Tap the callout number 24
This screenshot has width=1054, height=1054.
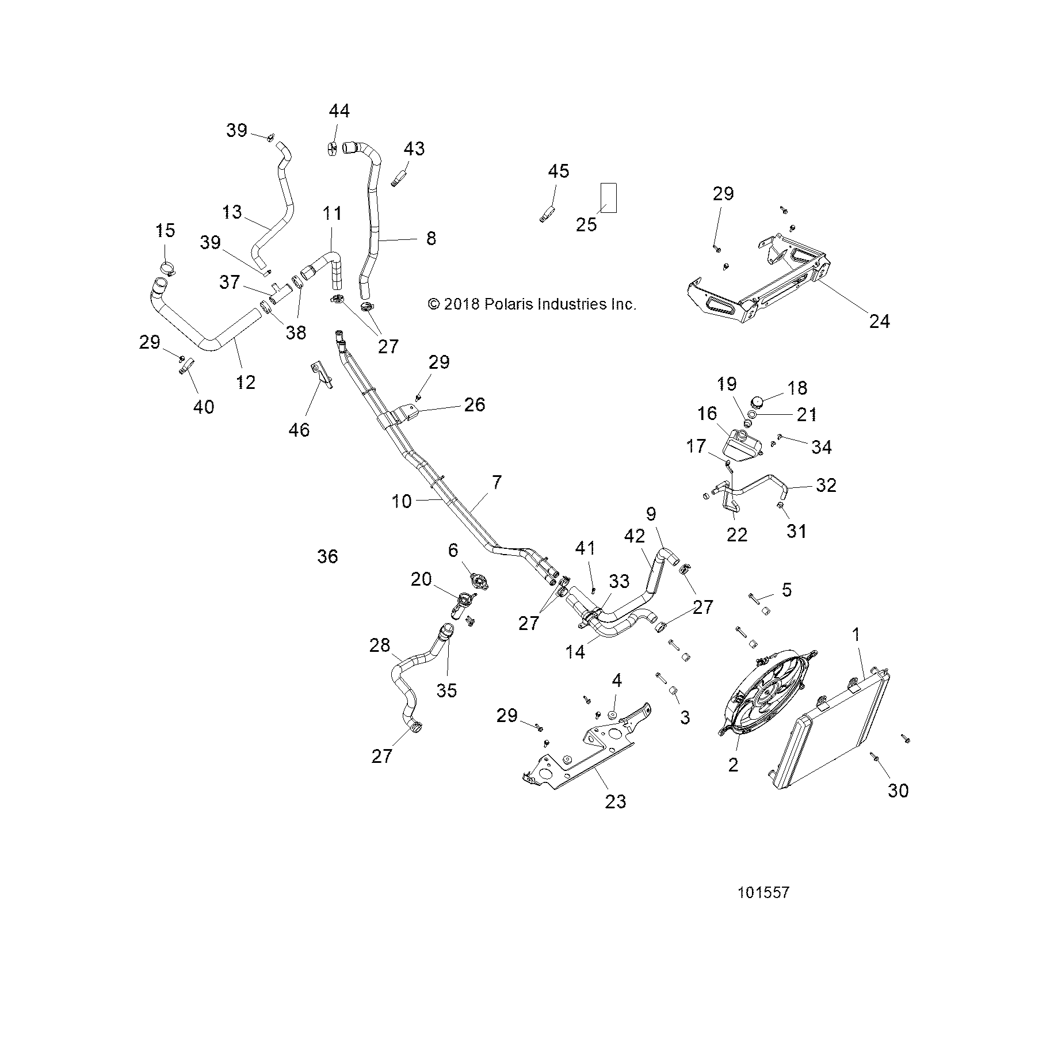tap(879, 321)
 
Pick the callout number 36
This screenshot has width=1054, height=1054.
tap(327, 556)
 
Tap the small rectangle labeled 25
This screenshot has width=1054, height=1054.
tap(609, 197)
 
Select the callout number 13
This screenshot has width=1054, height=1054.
tap(232, 212)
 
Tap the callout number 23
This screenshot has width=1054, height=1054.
tap(615, 801)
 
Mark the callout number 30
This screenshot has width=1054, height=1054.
tap(898, 790)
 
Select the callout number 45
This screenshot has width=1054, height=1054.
tap(558, 171)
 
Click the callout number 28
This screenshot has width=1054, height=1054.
tap(380, 645)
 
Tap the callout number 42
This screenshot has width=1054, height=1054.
tap(635, 536)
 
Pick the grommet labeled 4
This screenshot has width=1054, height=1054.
tap(612, 715)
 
